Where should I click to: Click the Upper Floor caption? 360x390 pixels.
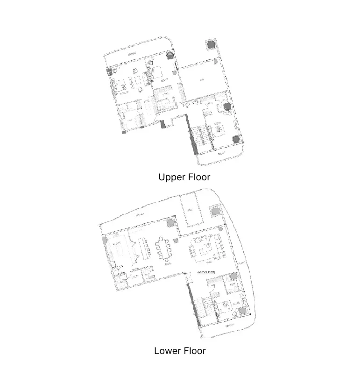pyautogui.click(x=184, y=177)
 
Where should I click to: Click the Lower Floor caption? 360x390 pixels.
pyautogui.click(x=180, y=351)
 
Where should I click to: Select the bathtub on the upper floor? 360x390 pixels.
pyautogui.click(x=148, y=111)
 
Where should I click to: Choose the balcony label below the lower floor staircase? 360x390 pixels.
pyautogui.click(x=229, y=326)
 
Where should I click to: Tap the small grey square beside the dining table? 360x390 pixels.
pyautogui.click(x=176, y=241)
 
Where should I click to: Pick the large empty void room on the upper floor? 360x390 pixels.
pyautogui.click(x=202, y=82)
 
